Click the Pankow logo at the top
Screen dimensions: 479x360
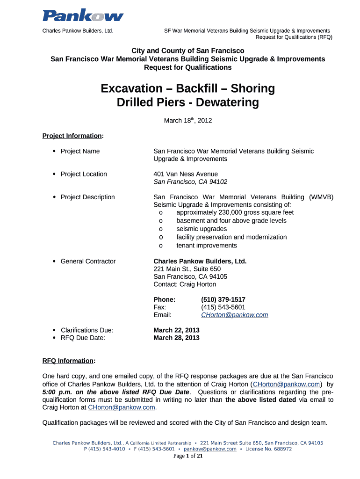83,16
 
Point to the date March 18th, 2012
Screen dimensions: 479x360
187,121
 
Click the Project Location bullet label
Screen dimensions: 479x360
84,174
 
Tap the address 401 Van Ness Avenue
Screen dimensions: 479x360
186,174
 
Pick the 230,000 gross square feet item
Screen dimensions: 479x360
235,212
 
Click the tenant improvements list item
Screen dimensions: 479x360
206,246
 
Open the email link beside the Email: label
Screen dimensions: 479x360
234,315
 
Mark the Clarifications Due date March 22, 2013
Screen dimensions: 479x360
176,330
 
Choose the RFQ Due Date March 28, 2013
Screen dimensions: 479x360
176,338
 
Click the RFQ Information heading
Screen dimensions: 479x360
68,361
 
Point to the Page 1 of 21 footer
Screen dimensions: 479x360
187,456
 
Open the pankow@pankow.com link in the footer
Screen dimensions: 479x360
209,449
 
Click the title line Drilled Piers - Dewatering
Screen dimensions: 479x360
187,102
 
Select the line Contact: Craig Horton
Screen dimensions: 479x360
185,284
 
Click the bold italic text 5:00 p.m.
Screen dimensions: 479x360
57,392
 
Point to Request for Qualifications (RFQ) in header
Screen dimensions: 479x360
294,37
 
